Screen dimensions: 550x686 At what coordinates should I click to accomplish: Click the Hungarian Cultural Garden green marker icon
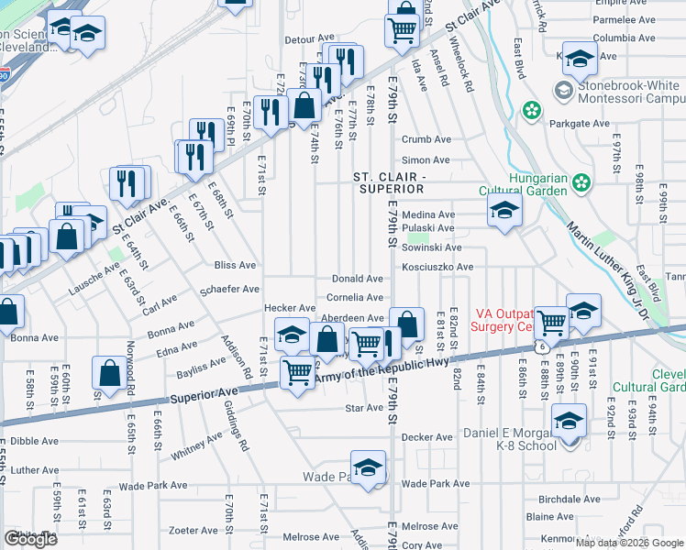point(581,183)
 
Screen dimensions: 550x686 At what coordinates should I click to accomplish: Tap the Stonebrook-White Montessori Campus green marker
point(531,111)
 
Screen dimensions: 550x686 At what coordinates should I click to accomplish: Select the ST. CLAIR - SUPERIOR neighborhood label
point(389,181)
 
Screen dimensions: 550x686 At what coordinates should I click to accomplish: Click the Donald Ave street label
point(357,279)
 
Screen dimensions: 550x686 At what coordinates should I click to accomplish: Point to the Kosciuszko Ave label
point(437,267)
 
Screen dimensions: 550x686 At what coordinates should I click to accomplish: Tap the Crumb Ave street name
point(426,139)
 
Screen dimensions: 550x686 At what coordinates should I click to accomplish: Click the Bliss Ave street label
point(235,265)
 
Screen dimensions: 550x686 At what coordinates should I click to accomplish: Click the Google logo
point(30,539)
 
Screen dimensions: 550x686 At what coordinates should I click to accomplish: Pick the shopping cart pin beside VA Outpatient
point(550,323)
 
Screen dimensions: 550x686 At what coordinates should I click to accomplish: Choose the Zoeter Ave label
point(193,530)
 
